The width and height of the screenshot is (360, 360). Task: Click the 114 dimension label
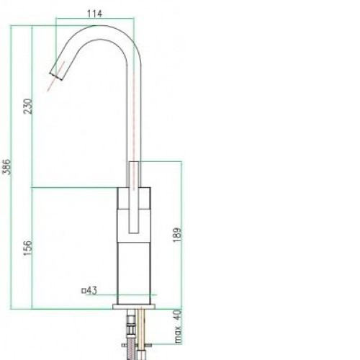pos(94,14)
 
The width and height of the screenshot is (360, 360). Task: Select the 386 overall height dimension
pos(8,167)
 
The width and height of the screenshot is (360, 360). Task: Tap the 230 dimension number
pos(28,107)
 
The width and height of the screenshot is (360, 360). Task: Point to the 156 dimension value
pos(28,248)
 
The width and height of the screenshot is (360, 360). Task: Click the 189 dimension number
pos(177,235)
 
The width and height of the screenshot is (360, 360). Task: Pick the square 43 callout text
pos(89,291)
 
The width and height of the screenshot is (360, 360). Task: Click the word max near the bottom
pos(178,334)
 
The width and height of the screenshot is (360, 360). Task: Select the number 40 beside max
pos(178,315)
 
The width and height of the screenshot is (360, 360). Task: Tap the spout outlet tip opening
pos(56,76)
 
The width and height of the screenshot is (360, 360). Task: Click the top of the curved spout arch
pos(96,25)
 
